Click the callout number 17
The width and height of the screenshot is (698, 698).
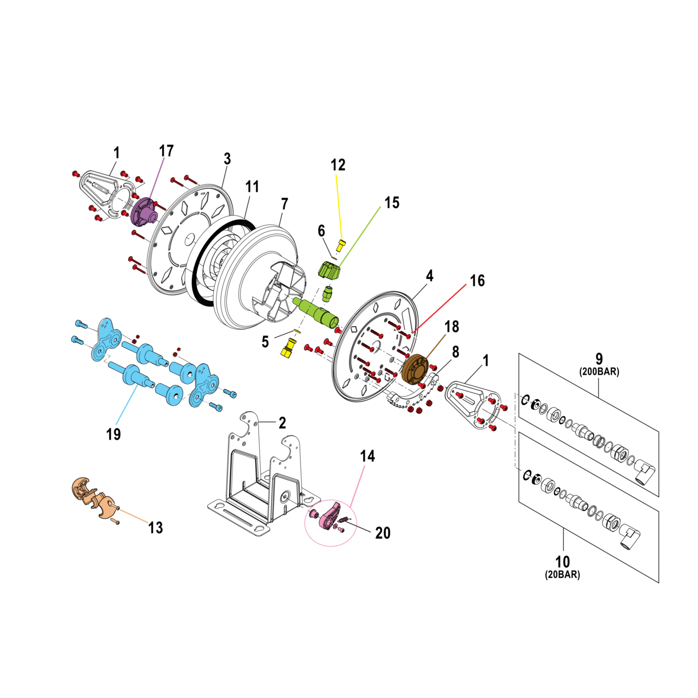(166, 151)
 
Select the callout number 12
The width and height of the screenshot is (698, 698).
(338, 165)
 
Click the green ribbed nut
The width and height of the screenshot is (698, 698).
(329, 270)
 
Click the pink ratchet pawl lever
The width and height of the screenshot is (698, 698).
(330, 516)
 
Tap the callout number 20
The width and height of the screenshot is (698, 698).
(383, 533)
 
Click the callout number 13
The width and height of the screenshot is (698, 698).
(155, 527)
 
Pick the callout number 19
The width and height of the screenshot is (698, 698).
(113, 434)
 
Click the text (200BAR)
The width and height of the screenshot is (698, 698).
(599, 372)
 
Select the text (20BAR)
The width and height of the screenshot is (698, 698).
(562, 575)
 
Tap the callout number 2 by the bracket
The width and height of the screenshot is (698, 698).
(282, 423)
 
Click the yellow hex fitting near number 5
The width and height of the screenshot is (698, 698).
(288, 347)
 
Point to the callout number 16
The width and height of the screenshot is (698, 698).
(477, 281)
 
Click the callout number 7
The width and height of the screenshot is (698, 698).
(285, 204)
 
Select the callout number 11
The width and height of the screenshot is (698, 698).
(252, 186)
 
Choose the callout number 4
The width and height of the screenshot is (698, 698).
(430, 276)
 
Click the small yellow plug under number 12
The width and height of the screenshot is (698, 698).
(341, 244)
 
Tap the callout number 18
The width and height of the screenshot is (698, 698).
(452, 327)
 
